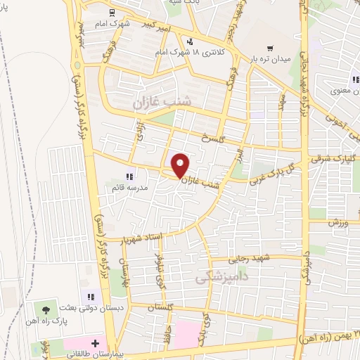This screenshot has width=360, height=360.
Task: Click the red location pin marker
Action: [x=181, y=165]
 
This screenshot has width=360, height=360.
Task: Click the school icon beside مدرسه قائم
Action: [x=128, y=176]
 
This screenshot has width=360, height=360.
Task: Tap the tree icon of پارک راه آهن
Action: [x=46, y=309]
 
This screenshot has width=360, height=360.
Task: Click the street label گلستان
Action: [x=162, y=307]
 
